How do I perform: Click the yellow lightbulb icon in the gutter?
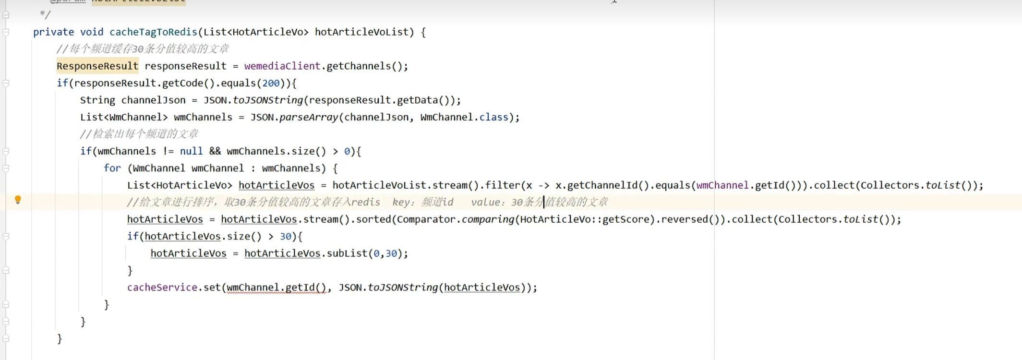click(18, 200)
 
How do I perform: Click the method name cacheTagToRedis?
click(153, 32)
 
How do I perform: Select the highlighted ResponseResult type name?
click(97, 66)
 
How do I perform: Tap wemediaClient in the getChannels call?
click(282, 66)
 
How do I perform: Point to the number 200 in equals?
click(271, 83)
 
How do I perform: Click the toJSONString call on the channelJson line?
click(268, 100)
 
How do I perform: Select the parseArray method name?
click(309, 117)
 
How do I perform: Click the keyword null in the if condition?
click(191, 151)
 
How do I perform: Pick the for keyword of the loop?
click(112, 168)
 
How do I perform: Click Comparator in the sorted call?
click(426, 219)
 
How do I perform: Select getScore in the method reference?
click(628, 219)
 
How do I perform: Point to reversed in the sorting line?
click(684, 219)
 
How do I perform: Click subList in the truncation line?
click(347, 253)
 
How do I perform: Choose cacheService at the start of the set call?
click(162, 288)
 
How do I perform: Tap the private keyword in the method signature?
click(53, 32)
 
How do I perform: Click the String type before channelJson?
click(97, 100)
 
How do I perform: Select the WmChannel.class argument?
click(464, 117)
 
